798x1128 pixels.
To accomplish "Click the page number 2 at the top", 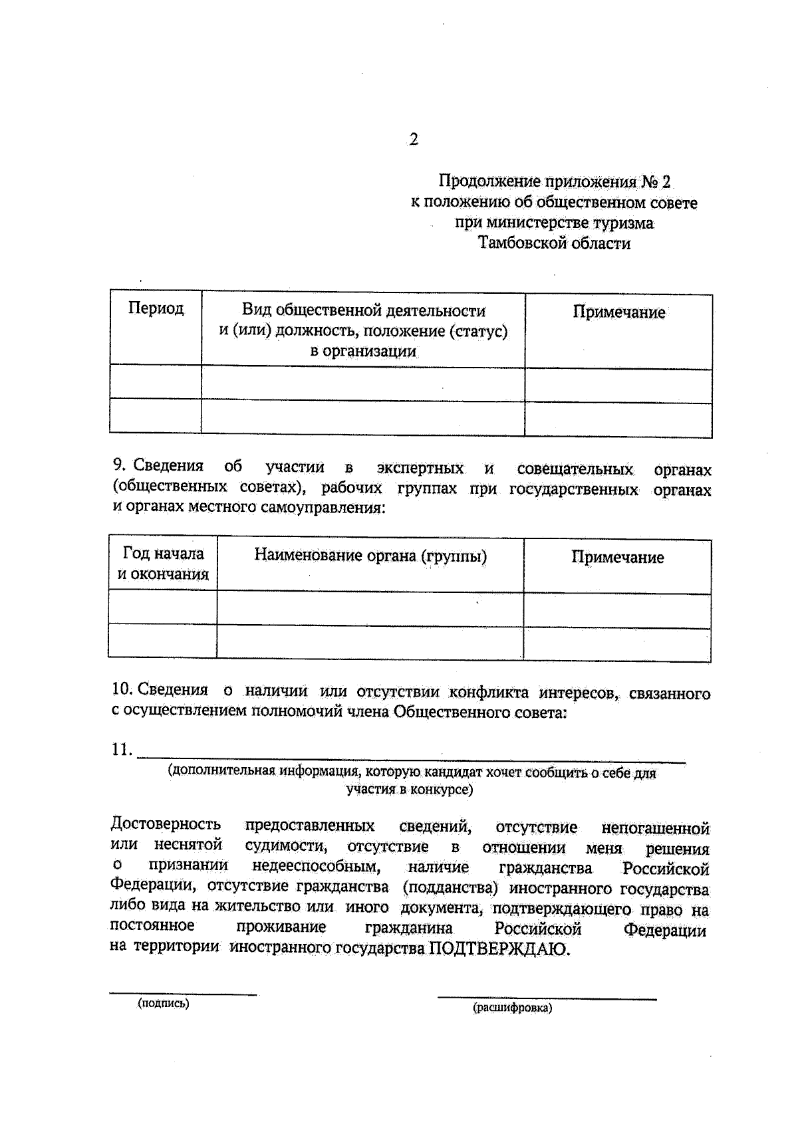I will tap(414, 140).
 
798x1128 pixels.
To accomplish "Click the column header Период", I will tap(156, 309).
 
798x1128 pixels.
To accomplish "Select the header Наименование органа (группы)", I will tap(370, 556).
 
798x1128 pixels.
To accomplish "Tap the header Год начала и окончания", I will tap(163, 564).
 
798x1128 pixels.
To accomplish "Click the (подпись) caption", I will tap(164, 1004).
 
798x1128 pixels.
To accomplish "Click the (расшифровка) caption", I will tap(512, 1008).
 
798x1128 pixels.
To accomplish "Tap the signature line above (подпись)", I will tap(183, 994).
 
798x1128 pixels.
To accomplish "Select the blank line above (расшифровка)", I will tap(547, 998).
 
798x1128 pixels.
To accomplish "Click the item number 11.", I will tap(122, 750).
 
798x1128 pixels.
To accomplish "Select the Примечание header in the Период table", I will tap(618, 312).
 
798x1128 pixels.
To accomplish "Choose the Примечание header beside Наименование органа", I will tap(617, 557).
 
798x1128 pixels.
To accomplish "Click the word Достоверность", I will tap(166, 825).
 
